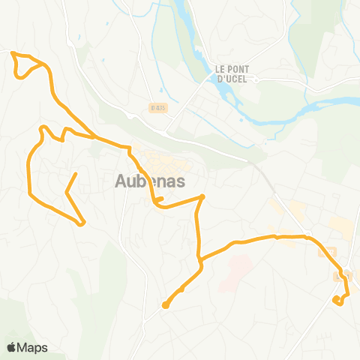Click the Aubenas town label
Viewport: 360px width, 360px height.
[x=151, y=181]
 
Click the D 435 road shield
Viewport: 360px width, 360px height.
[x=156, y=107]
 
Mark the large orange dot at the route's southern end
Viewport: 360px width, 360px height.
[x=165, y=304]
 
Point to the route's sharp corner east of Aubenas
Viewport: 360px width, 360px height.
[x=202, y=197]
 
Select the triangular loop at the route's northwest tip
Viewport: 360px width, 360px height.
[x=27, y=65]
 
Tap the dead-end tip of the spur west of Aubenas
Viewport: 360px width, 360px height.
[x=76, y=174]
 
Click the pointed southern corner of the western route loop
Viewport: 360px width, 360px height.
[x=82, y=222]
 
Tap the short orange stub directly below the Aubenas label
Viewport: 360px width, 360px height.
[x=160, y=199]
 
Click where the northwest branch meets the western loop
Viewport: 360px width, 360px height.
[x=94, y=138]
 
